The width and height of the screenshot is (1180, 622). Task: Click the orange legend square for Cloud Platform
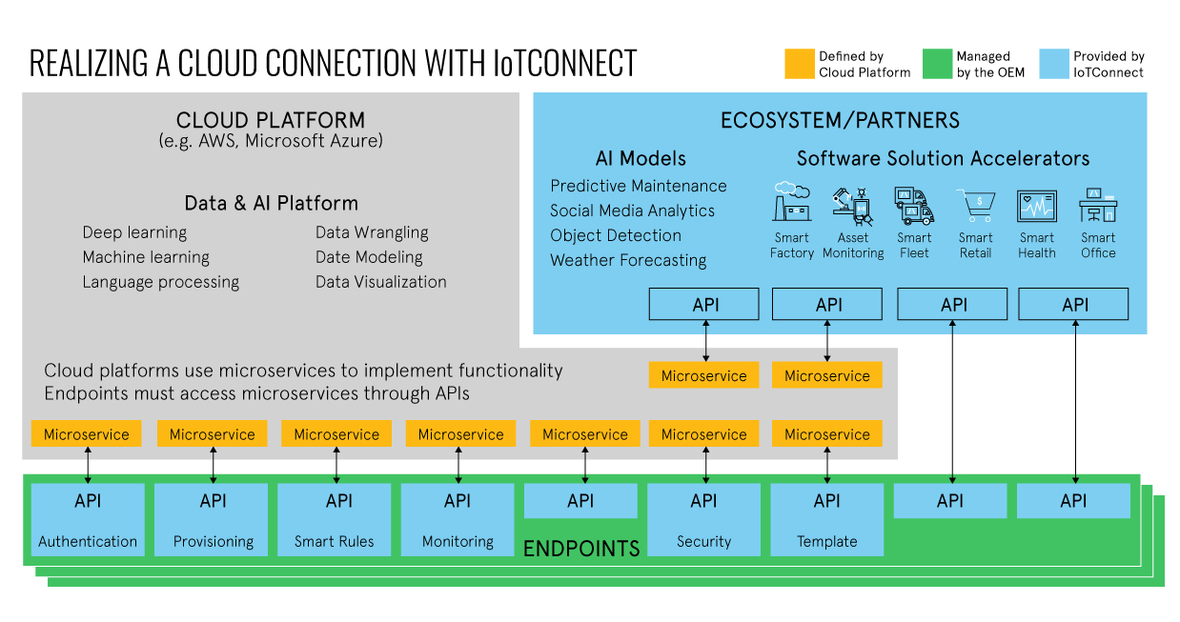coord(799,64)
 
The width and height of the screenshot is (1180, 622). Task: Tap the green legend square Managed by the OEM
coord(937,64)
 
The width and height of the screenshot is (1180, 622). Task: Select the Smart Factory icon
coord(792,203)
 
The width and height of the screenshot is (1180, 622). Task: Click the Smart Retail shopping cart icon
coord(976,205)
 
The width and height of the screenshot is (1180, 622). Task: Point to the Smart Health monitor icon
coord(1037,206)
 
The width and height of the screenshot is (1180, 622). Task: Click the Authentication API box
coord(88,519)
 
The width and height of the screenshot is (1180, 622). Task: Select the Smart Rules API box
coord(335,519)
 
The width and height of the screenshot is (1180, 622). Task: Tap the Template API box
coord(827,519)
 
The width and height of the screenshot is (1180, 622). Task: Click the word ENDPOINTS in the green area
coord(581,549)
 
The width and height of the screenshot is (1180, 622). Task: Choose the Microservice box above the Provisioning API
coord(212,434)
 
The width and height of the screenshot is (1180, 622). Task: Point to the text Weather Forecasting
coord(628,260)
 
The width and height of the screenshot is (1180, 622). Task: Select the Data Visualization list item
coord(381,282)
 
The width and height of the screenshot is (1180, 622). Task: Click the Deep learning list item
coord(134,232)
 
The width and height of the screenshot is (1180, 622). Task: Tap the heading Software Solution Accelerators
coord(943,158)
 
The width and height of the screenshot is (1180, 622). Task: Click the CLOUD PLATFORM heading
coord(271,121)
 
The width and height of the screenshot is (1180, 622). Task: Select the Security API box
coord(703,519)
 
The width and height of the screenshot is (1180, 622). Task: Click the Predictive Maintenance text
coord(638,186)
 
